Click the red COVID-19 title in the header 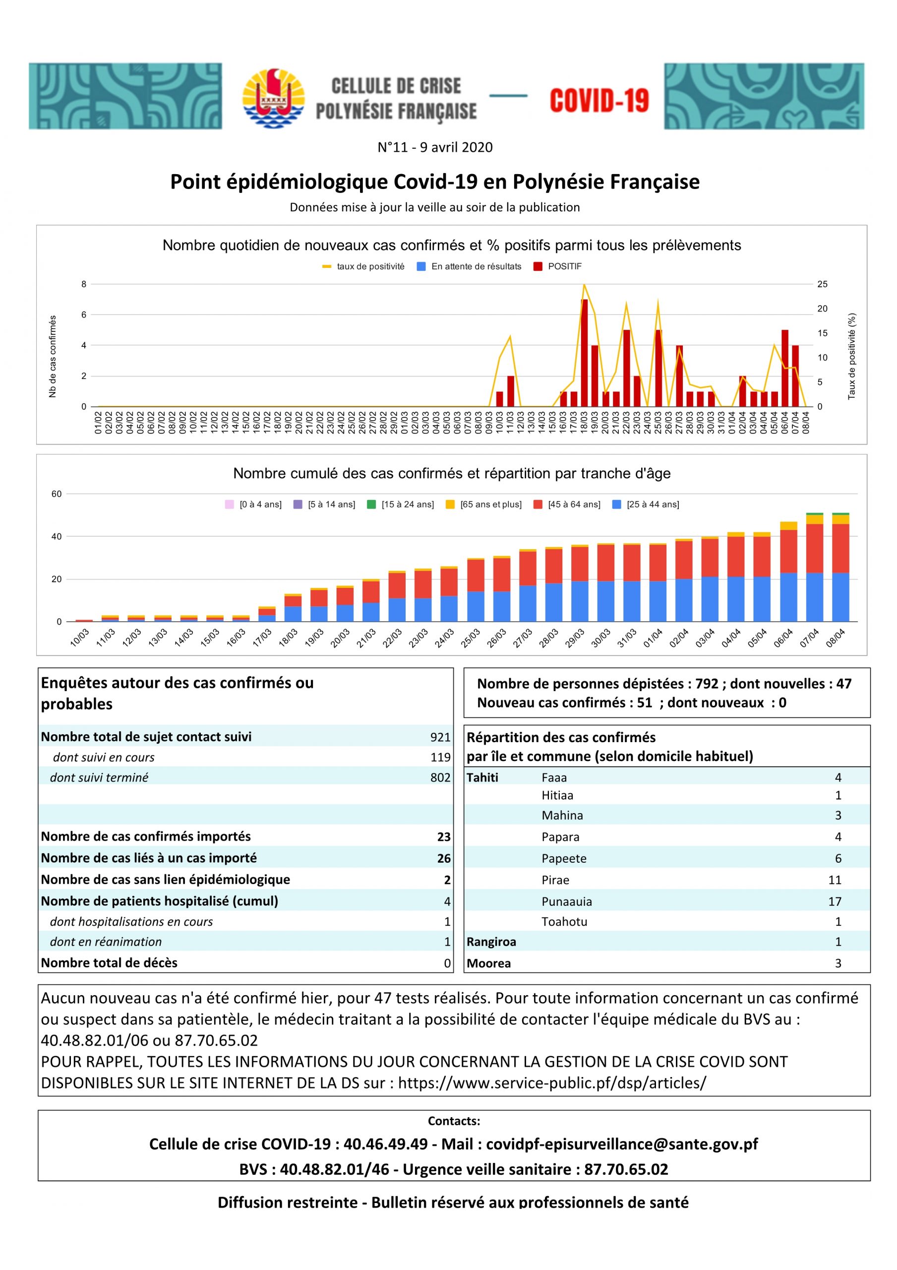(x=599, y=101)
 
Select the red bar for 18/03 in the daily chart (x=584, y=353)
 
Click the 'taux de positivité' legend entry (x=363, y=266)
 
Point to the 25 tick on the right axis (x=822, y=284)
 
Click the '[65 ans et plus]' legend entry (x=483, y=505)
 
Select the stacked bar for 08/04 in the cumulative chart (x=840, y=568)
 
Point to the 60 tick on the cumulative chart (x=57, y=494)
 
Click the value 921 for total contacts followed (x=440, y=737)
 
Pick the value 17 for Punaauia (x=835, y=901)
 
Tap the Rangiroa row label (x=491, y=942)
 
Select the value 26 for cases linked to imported (x=443, y=858)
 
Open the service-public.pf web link (x=552, y=1083)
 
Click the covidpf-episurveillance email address (x=622, y=1144)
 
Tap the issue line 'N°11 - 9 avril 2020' (x=435, y=147)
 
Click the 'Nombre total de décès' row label (x=109, y=962)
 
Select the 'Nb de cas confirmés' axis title (x=53, y=356)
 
